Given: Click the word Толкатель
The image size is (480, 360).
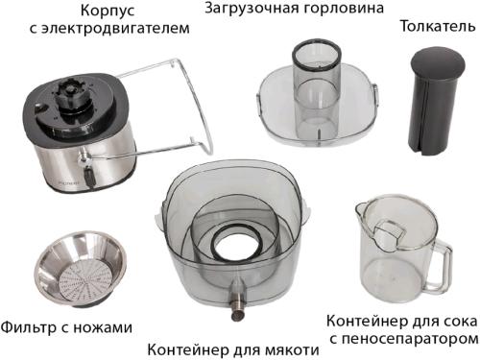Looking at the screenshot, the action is (x=438, y=26).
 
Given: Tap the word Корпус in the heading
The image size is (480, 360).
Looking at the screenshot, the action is (x=108, y=11).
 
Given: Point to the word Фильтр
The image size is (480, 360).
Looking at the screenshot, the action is (x=28, y=327).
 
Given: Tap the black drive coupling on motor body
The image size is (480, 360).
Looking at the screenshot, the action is (x=69, y=93).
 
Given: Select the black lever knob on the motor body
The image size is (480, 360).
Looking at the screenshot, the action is (x=89, y=177).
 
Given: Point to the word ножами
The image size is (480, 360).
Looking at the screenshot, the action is (x=103, y=327).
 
